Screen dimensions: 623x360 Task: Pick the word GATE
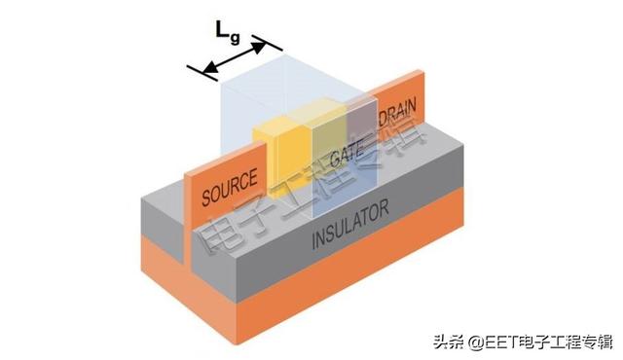pyautogui.click(x=347, y=155)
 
